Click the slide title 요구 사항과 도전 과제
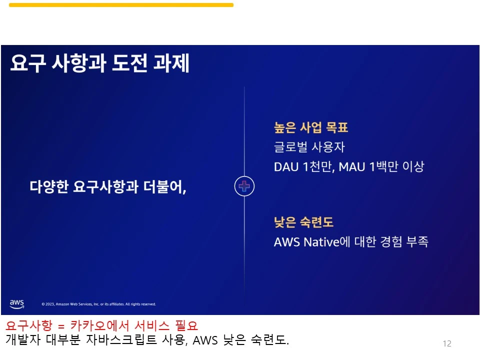(x=99, y=63)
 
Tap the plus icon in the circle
(x=244, y=186)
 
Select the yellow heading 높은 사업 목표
(x=310, y=127)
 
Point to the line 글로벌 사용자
(x=309, y=147)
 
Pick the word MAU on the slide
(x=352, y=167)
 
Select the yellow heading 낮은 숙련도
(x=303, y=222)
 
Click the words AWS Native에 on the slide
(x=310, y=242)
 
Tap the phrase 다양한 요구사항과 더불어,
(x=108, y=187)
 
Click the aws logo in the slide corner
(x=17, y=303)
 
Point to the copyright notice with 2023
(x=98, y=304)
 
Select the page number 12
(x=447, y=343)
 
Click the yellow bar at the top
(x=121, y=5)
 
